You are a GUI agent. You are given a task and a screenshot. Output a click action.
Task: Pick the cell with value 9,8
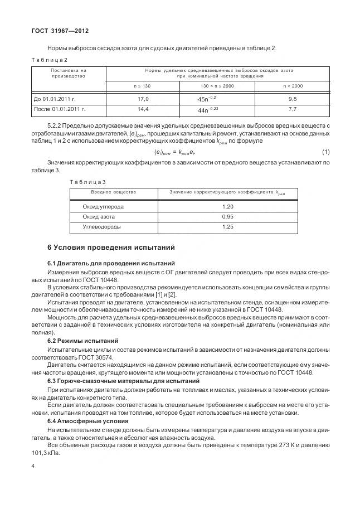293,99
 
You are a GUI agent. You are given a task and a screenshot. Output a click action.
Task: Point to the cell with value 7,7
293,109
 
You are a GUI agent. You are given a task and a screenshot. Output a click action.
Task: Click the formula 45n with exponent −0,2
211,99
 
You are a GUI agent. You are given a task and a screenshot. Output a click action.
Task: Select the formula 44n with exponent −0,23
211,109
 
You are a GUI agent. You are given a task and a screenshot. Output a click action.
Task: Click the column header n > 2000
293,86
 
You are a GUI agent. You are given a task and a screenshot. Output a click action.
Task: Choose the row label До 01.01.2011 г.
55,99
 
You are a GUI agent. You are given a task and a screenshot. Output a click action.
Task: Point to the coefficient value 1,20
227,206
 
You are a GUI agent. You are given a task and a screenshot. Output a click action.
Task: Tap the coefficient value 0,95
227,216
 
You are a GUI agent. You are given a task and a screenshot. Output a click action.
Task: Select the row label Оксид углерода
103,206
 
